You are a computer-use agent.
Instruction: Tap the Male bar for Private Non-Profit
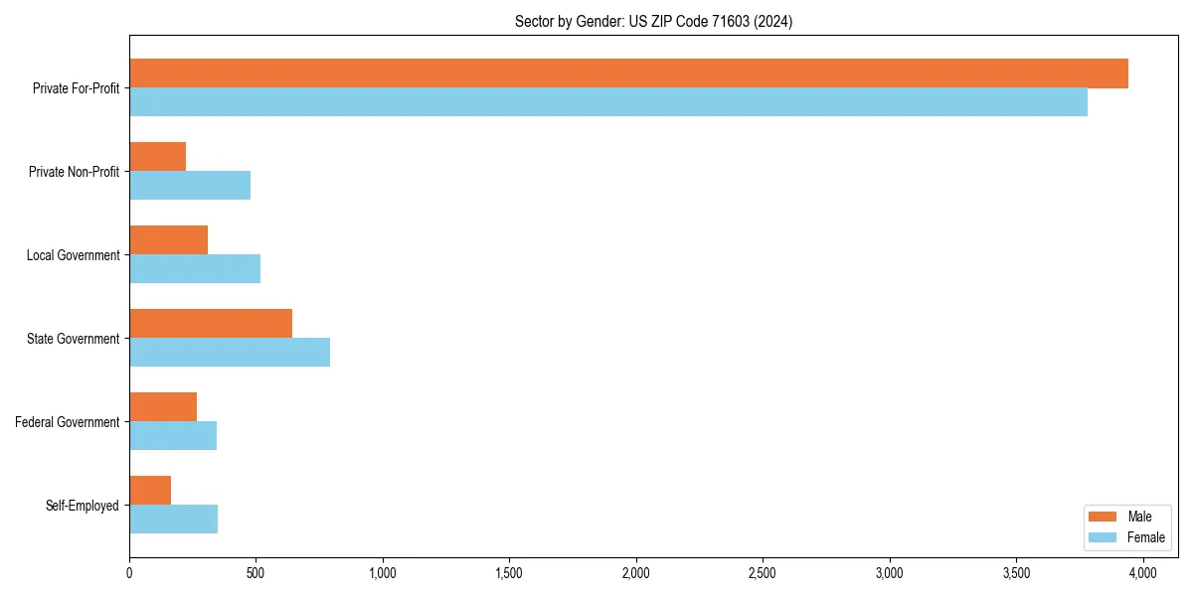pos(158,157)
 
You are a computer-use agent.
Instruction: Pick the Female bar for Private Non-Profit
pos(190,186)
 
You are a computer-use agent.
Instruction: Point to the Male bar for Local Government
pos(169,240)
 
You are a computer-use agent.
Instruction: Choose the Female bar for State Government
pos(230,353)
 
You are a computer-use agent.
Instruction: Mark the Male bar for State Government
pos(211,324)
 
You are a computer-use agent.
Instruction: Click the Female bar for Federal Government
pos(173,436)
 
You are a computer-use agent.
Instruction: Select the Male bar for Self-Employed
pos(150,491)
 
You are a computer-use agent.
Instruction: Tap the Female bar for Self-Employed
pos(174,520)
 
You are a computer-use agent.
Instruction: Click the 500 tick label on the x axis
pos(256,573)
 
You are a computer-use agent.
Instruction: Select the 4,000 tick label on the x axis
pos(1142,573)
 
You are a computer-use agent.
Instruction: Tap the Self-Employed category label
pos(83,506)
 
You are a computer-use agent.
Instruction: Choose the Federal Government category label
pos(68,422)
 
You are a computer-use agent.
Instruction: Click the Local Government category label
pos(74,255)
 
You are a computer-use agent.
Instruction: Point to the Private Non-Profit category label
pos(75,172)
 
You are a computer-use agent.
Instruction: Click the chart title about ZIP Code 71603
pos(653,21)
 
